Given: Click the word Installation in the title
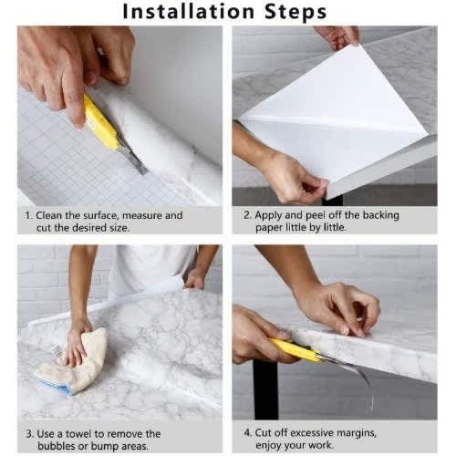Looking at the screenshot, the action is [189, 12].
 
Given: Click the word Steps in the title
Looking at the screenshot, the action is [295, 12].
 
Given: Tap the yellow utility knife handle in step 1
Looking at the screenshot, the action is [100, 121].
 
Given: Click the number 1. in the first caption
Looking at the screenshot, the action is [29, 215].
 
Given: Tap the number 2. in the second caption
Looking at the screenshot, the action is [248, 215].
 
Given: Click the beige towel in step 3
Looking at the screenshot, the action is [75, 362].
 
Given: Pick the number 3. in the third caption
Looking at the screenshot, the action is [30, 434].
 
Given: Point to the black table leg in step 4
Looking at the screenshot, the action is [266, 389].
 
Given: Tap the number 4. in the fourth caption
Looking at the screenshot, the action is [248, 432].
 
